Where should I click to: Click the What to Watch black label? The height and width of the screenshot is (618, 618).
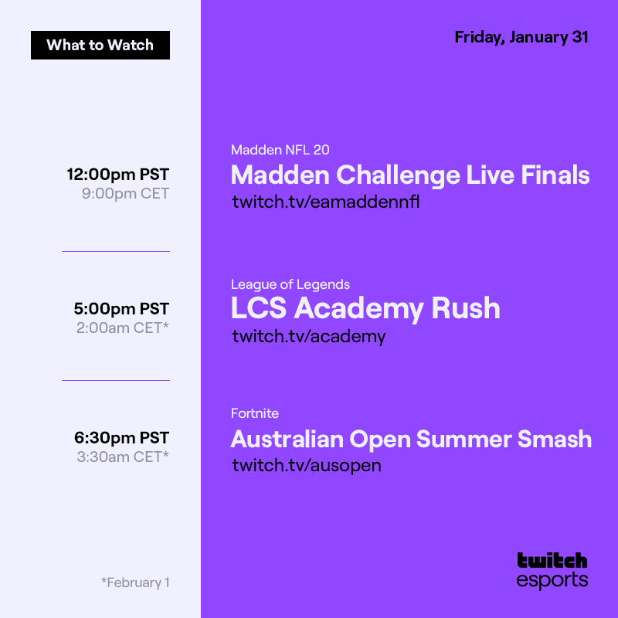click(100, 45)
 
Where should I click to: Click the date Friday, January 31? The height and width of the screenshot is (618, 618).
click(521, 37)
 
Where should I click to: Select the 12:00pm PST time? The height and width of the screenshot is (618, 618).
click(118, 175)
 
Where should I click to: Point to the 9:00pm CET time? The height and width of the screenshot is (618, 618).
click(125, 194)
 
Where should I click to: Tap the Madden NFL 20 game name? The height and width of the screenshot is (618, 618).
click(280, 150)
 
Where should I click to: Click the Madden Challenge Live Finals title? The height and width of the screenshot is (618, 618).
click(410, 175)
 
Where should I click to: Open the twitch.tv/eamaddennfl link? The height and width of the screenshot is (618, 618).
click(325, 202)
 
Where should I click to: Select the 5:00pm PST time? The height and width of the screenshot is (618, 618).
click(121, 309)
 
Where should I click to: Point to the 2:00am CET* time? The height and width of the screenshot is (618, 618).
click(123, 328)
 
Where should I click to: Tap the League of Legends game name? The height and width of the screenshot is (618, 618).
click(290, 284)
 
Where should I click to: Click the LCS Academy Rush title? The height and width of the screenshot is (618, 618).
click(365, 309)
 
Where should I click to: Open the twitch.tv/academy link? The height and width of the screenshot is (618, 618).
click(309, 336)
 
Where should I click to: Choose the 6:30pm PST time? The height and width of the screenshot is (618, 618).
click(121, 438)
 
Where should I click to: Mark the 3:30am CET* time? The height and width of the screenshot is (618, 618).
click(123, 457)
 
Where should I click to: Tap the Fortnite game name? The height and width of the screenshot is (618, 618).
click(255, 413)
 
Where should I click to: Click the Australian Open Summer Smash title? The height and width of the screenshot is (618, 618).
click(411, 440)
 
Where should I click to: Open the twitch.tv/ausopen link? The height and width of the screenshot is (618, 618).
click(307, 465)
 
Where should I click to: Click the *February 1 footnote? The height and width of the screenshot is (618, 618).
click(135, 582)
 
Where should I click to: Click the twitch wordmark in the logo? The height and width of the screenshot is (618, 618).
click(552, 560)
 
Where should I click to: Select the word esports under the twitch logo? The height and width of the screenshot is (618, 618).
click(552, 580)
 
